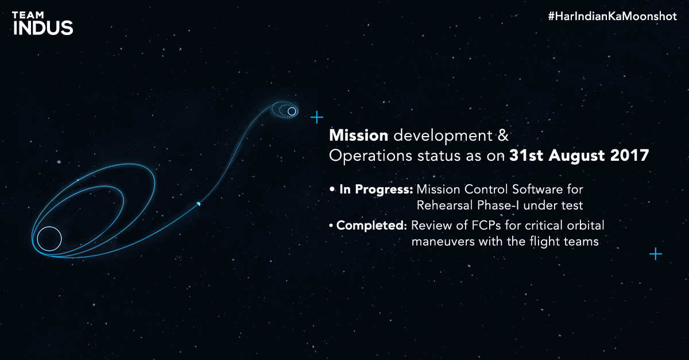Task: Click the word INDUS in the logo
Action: click(43, 28)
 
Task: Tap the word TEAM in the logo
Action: click(28, 15)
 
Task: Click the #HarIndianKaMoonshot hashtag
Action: click(612, 16)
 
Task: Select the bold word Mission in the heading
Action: click(359, 136)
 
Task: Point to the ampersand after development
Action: click(503, 136)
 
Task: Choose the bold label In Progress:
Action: click(376, 189)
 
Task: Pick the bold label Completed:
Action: click(371, 226)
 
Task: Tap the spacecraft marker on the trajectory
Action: click(199, 204)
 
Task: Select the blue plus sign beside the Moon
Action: click(317, 117)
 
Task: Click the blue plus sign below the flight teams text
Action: click(656, 254)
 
